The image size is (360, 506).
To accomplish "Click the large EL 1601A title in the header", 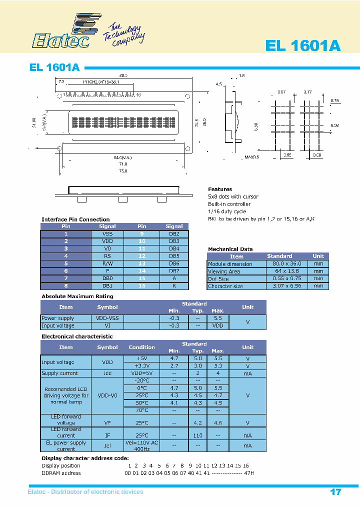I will [303, 45].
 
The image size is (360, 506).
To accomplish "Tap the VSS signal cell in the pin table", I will [107, 233].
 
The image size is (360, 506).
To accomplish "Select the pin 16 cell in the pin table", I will [142, 285].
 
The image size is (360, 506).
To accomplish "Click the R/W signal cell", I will [107, 263].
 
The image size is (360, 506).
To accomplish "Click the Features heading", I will [220, 189].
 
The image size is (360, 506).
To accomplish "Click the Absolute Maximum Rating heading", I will [77, 296].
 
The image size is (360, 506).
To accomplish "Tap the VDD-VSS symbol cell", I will [107, 318].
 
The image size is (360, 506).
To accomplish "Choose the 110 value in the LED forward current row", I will [198, 435].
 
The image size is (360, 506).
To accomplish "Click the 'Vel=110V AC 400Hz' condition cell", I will [141, 445].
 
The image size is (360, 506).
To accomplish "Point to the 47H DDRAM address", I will [248, 473].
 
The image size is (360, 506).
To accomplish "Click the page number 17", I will [335, 492].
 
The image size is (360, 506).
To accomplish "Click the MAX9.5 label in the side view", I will [251, 158].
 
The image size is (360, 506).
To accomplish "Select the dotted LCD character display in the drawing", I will [122, 122].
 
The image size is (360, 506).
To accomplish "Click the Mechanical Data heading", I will [230, 249].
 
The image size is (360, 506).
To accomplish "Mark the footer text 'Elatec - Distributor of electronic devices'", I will [85, 492].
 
